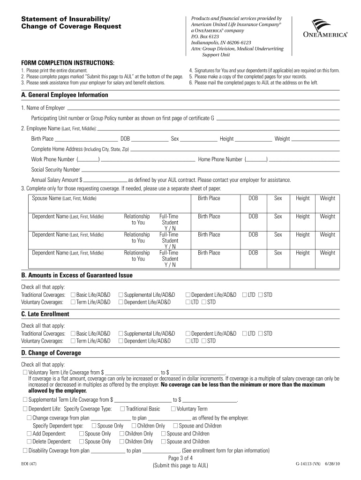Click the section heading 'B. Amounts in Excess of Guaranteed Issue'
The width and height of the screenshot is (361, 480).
[x=77, y=275]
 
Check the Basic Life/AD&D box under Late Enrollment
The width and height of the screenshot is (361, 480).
[x=73, y=333]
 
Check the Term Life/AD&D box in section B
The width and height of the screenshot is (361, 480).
[x=73, y=302]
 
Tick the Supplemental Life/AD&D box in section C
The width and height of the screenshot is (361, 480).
[x=121, y=333]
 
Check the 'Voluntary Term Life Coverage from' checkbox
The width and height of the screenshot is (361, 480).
[x=25, y=372]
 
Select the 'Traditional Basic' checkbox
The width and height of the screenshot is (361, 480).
[x=122, y=409]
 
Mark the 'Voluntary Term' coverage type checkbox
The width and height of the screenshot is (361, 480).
[x=173, y=409]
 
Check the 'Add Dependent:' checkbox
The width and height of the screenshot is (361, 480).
[x=30, y=434]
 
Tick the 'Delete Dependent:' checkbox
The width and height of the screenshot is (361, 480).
[x=30, y=442]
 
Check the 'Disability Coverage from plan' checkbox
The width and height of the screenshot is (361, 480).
[x=25, y=450]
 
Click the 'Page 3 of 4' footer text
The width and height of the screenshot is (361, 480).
[x=180, y=458]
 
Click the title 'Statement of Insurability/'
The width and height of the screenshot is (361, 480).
[x=66, y=19]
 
